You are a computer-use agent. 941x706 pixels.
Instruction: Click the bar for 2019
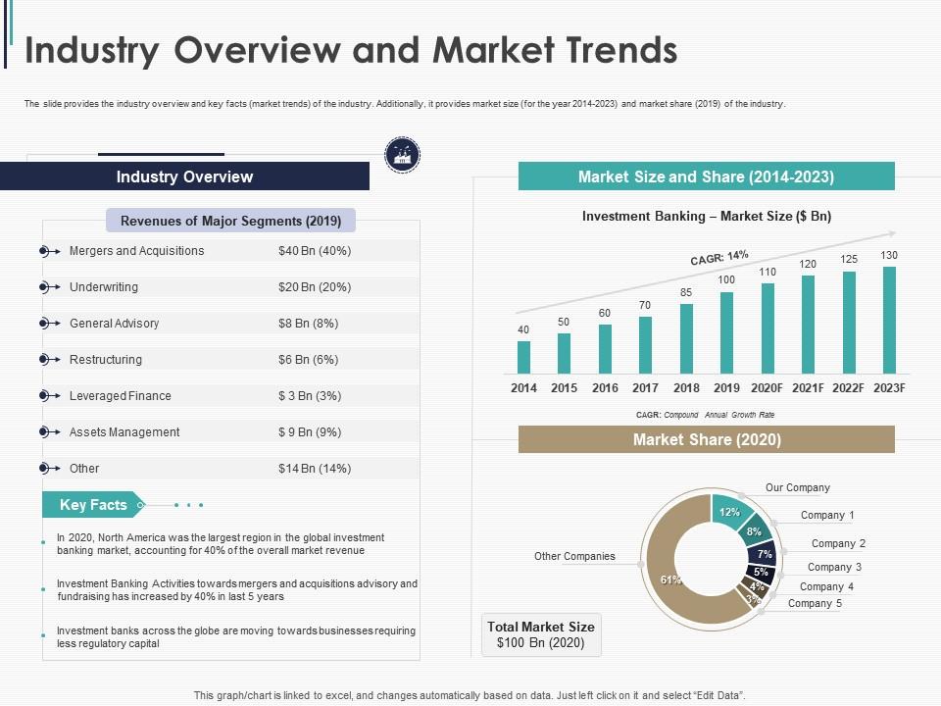[x=726, y=332]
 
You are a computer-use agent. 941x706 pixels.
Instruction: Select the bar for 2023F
[x=889, y=320]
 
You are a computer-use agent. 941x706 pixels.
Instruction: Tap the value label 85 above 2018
[x=686, y=292]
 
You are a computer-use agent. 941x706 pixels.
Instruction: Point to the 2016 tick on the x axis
[x=605, y=388]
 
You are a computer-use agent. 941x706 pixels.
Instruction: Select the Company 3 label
[x=834, y=567]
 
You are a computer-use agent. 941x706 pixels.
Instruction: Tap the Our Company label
[x=797, y=487]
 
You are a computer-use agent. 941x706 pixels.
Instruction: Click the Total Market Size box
[x=541, y=634]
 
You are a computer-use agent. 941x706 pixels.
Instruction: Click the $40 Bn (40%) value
[x=314, y=251]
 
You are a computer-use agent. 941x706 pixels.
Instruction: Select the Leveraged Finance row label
[x=120, y=396]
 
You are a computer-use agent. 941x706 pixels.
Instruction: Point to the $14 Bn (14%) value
[x=314, y=469]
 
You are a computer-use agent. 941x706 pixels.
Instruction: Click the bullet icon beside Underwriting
[x=46, y=287]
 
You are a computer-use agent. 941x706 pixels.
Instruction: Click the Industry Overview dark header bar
[x=184, y=176]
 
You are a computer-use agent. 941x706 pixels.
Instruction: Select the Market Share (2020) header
[x=706, y=439]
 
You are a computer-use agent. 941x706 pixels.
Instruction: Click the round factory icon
[x=401, y=154]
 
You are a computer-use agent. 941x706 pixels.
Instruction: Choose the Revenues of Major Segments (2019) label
[x=230, y=221]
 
